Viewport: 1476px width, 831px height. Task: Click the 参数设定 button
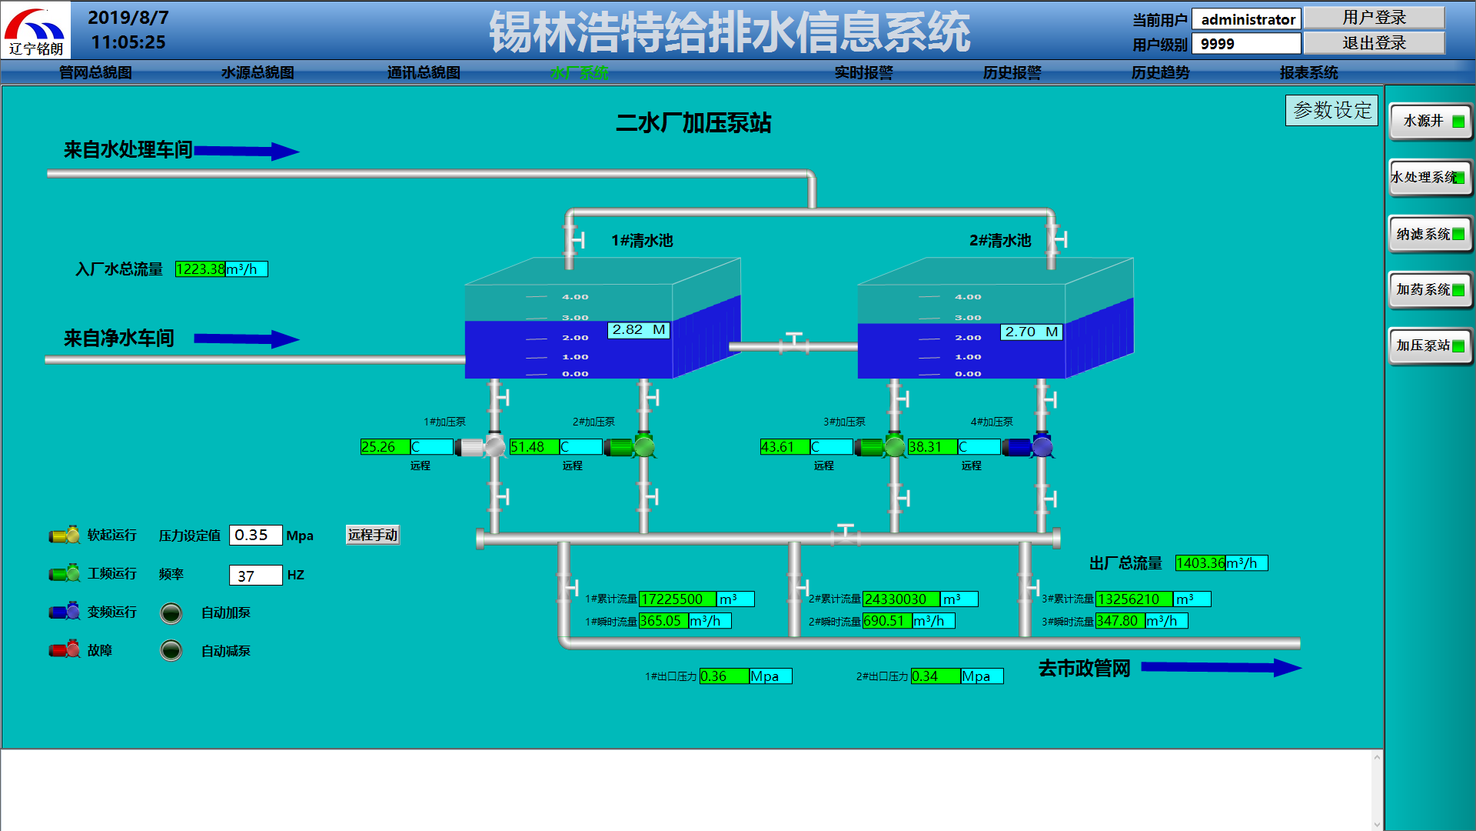(1331, 110)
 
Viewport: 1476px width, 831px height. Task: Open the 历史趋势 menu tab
(1160, 72)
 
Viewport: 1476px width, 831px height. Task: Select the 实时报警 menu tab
(863, 72)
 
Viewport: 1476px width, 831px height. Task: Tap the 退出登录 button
(1374, 43)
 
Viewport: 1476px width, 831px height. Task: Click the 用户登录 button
(1374, 18)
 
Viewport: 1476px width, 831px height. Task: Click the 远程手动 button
(373, 535)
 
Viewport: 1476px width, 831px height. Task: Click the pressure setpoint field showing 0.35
(255, 535)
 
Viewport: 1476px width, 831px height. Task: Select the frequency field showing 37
(255, 576)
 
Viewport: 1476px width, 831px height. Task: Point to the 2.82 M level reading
(639, 330)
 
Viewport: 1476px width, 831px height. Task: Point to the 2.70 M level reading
(1032, 332)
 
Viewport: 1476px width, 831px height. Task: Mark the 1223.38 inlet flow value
(200, 269)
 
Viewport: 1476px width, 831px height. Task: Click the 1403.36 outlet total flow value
(1200, 563)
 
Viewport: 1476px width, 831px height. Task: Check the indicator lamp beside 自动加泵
(171, 612)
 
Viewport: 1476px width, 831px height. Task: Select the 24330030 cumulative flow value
(900, 599)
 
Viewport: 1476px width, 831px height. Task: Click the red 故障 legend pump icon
(65, 650)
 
